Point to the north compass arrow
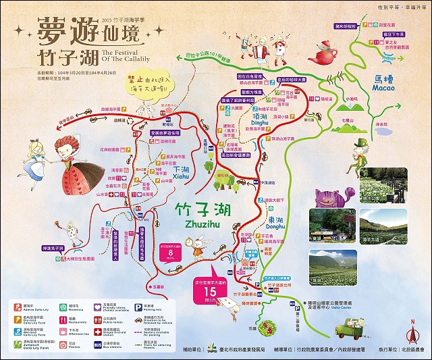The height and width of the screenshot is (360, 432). pos(410,332)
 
